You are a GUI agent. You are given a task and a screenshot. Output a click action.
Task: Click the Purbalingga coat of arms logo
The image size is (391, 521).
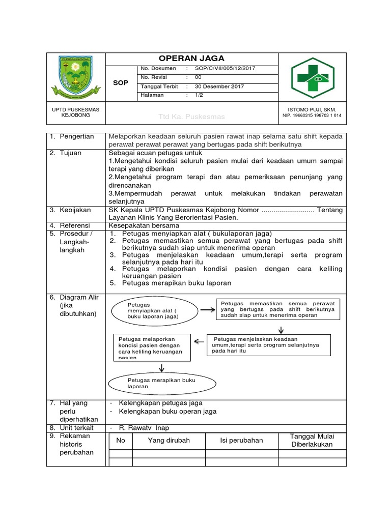[75, 78]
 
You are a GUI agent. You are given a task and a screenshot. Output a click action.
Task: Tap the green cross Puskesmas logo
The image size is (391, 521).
[313, 78]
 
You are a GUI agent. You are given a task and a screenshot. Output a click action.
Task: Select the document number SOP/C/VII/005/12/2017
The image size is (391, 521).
[225, 69]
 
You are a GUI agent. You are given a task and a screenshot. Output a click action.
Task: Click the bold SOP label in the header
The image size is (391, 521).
[120, 82]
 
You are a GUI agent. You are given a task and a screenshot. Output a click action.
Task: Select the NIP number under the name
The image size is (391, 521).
[312, 115]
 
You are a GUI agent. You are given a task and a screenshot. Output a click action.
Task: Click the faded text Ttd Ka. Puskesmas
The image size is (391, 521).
[191, 117]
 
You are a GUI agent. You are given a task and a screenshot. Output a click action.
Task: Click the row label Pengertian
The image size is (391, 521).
[77, 137]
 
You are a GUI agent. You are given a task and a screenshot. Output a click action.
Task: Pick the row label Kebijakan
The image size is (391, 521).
[76, 210]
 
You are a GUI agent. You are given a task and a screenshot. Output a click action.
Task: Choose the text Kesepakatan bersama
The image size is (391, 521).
[144, 225]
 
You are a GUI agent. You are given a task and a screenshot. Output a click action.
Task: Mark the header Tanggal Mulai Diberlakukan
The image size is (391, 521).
[312, 441]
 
